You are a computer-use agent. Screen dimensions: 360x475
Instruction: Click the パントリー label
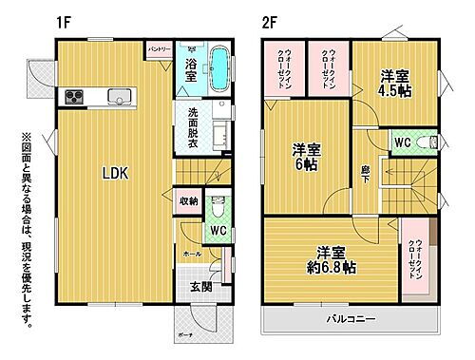point(160,47)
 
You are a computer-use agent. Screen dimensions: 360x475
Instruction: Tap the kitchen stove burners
point(75,96)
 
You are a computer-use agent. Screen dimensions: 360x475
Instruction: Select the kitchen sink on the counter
point(120,95)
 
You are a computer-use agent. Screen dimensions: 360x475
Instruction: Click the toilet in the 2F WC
point(433,142)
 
